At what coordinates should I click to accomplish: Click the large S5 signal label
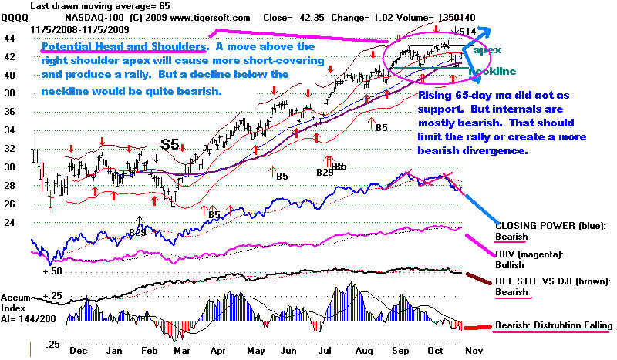pyautogui.click(x=171, y=144)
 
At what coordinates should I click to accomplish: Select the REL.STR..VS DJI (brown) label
pyautogui.click(x=555, y=282)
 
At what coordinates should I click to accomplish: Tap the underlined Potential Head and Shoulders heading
pyautogui.click(x=123, y=47)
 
